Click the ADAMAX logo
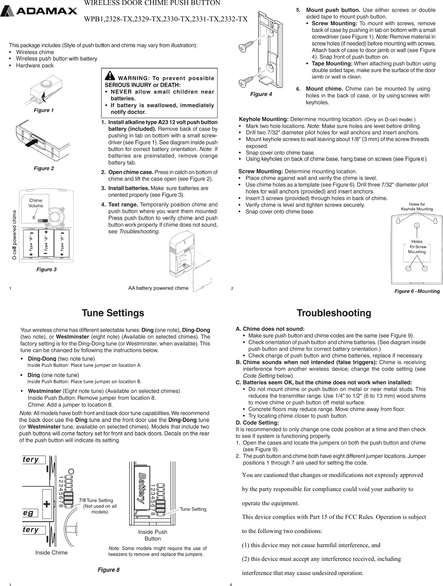pyautogui.click(x=39, y=11)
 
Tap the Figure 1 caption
pyautogui.click(x=44, y=110)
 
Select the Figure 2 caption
pyautogui.click(x=44, y=168)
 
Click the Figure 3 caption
pyautogui.click(x=46, y=270)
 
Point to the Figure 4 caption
pyautogui.click(x=261, y=94)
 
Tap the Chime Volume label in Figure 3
pyautogui.click(x=36, y=203)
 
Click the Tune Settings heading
pyautogui.click(x=113, y=313)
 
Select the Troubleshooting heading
pyautogui.click(x=334, y=313)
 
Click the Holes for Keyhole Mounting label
pyautogui.click(x=417, y=206)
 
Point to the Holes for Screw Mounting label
pyautogui.click(x=417, y=247)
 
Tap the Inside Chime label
pyautogui.click(x=51, y=552)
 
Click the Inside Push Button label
pyautogui.click(x=152, y=535)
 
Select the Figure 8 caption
pyautogui.click(x=109, y=570)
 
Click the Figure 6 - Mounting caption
pyautogui.click(x=417, y=291)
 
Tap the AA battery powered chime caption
pyautogui.click(x=158, y=288)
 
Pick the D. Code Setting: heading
pyautogui.click(x=257, y=422)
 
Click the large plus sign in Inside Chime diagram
pyautogui.click(x=47, y=504)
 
